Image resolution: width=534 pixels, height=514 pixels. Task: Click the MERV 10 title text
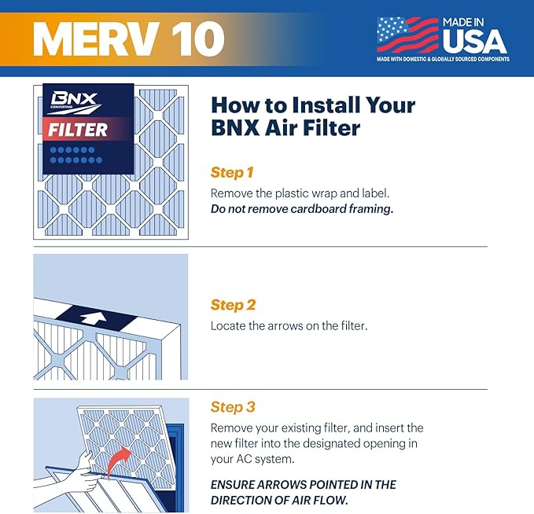pyautogui.click(x=128, y=39)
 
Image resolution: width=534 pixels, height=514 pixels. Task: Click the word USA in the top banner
pyautogui.click(x=474, y=41)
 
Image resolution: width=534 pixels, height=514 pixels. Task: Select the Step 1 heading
pyautogui.click(x=233, y=172)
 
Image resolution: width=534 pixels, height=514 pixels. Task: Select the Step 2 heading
pyautogui.click(x=233, y=305)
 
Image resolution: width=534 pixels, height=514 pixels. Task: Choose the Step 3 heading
pyautogui.click(x=233, y=407)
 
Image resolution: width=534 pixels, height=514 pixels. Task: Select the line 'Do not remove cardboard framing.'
pyautogui.click(x=301, y=209)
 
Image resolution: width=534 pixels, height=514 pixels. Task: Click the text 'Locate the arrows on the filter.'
pyautogui.click(x=289, y=325)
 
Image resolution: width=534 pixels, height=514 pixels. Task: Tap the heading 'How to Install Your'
pyautogui.click(x=313, y=105)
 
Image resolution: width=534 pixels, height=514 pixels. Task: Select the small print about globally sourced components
pyautogui.click(x=442, y=59)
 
